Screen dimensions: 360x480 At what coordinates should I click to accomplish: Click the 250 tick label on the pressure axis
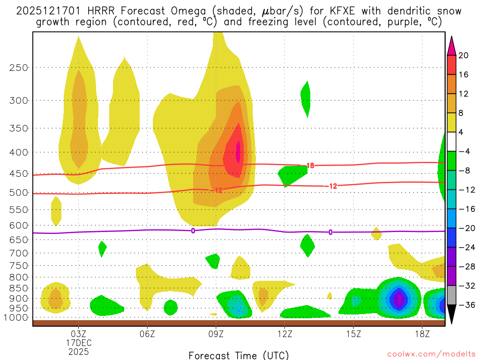19,67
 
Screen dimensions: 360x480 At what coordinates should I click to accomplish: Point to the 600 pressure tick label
19,225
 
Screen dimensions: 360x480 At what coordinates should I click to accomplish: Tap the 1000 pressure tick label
16,317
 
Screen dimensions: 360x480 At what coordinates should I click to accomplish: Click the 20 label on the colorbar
464,55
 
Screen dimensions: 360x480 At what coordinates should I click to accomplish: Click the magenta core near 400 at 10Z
238,151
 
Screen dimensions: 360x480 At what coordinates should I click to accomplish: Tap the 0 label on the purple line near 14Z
330,232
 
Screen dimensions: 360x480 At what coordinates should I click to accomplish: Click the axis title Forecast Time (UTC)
239,355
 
